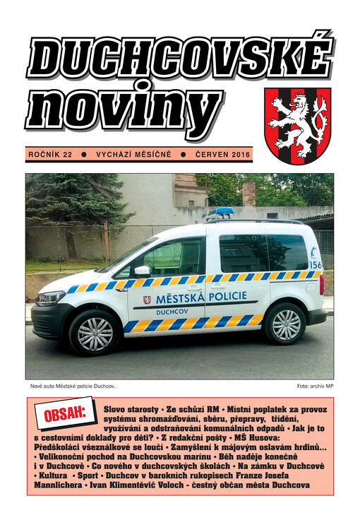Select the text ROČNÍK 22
tap(49, 153)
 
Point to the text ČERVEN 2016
tap(222, 153)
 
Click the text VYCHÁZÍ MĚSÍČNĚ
tap(133, 153)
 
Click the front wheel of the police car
tap(95, 333)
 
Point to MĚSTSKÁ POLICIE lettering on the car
tap(195, 299)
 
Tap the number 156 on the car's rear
tap(315, 265)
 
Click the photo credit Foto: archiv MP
tap(315, 387)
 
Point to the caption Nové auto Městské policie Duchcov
tap(72, 387)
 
